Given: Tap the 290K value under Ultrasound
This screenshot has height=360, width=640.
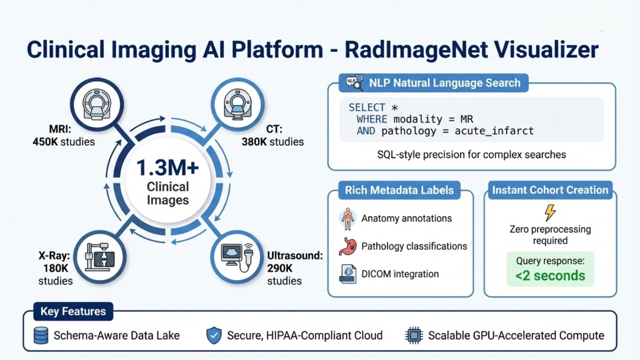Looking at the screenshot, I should click(280, 268).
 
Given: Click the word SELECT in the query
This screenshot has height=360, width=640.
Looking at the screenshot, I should click(367, 107).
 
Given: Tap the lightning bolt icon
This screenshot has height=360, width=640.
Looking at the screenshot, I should click(550, 212).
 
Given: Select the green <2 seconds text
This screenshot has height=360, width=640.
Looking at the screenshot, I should click(550, 276).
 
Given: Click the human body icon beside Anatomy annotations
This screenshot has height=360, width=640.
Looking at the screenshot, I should click(347, 218).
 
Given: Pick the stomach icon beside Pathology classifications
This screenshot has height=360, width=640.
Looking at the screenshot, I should click(347, 246).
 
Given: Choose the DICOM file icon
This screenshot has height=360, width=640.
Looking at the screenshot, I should click(347, 274).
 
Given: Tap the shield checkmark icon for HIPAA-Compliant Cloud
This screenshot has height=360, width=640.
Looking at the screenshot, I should click(214, 336).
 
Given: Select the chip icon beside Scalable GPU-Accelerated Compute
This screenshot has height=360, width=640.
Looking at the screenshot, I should click(414, 336).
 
